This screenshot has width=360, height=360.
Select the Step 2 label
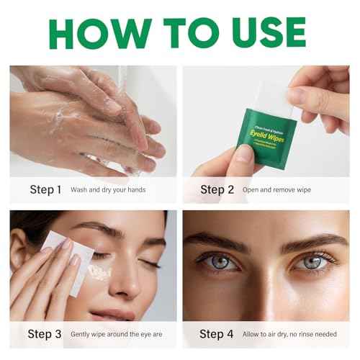(x=217, y=190)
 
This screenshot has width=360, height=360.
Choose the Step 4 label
(x=217, y=334)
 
